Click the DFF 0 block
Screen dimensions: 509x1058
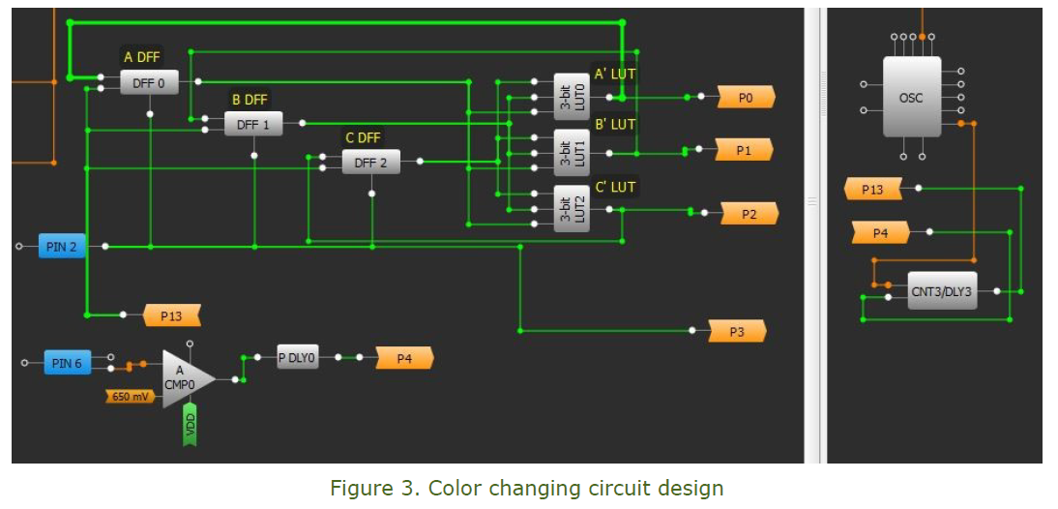149,84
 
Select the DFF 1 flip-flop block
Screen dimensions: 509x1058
253,125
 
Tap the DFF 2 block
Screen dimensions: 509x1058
370,163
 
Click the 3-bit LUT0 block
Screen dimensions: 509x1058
572,97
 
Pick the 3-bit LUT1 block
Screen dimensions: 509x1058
572,152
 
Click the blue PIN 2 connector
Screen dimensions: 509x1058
62,247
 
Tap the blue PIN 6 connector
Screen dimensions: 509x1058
67,363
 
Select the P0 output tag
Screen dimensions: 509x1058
745,98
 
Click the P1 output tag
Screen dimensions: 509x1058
743,150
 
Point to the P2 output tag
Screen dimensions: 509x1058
749,214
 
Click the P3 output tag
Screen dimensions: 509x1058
737,332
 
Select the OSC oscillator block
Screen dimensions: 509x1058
911,97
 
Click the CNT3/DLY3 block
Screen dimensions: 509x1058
942,291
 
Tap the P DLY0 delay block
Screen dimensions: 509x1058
297,357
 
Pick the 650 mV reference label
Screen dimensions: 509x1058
131,397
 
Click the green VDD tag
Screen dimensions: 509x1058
190,425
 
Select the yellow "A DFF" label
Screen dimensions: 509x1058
142,58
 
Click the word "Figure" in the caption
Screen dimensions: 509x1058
360,488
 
